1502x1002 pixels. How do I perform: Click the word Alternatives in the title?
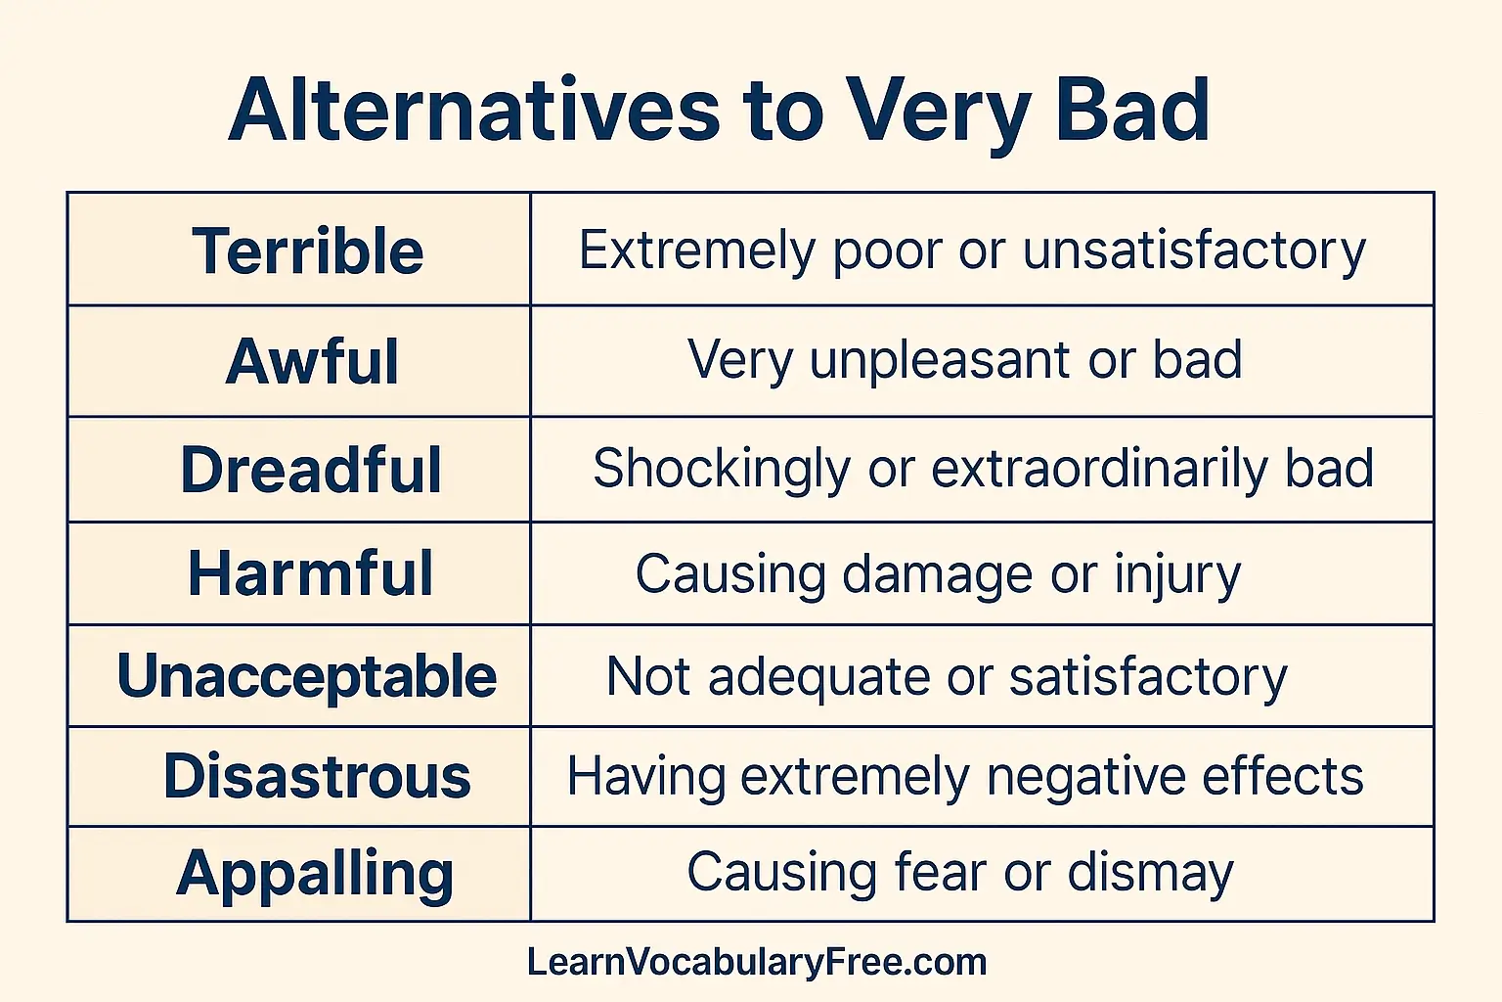tap(474, 110)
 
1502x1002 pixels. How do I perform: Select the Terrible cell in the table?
tap(307, 250)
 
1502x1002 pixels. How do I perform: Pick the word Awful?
tap(312, 361)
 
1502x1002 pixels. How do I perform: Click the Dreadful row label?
tap(311, 470)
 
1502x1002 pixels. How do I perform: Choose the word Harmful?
tap(310, 573)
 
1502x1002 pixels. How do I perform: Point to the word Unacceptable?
tap(306, 676)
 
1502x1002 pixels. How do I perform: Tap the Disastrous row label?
tap(317, 777)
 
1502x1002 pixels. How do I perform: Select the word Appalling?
tap(315, 874)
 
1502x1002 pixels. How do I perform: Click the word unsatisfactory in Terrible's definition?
tap(1194, 250)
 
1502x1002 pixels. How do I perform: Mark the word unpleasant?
tap(940, 360)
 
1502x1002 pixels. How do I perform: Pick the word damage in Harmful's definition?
tap(936, 574)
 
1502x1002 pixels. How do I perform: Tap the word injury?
tap(1177, 574)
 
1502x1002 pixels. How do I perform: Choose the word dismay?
tap(1150, 872)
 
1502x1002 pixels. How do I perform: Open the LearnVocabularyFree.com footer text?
tap(756, 963)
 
